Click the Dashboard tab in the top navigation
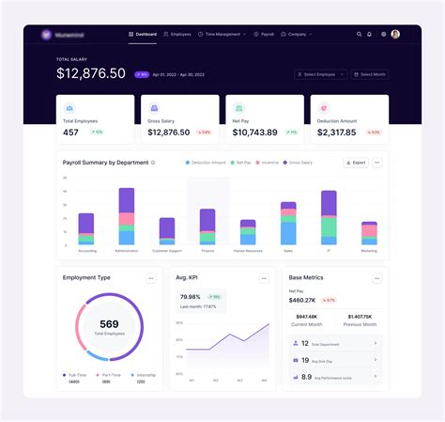143,34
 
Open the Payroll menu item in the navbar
267,34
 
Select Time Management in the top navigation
223,34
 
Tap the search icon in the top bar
359,34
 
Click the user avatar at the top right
395,34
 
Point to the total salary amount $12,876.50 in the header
91,73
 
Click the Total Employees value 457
71,133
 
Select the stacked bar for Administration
127,216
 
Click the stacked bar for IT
329,217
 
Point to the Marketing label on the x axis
369,251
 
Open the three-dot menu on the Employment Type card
150,278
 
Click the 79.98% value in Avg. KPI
191,297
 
